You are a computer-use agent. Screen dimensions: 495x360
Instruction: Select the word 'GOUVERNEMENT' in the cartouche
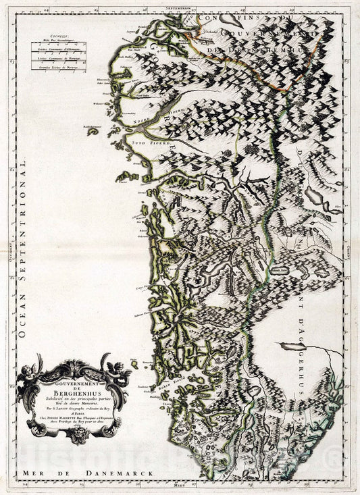click(x=72, y=381)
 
